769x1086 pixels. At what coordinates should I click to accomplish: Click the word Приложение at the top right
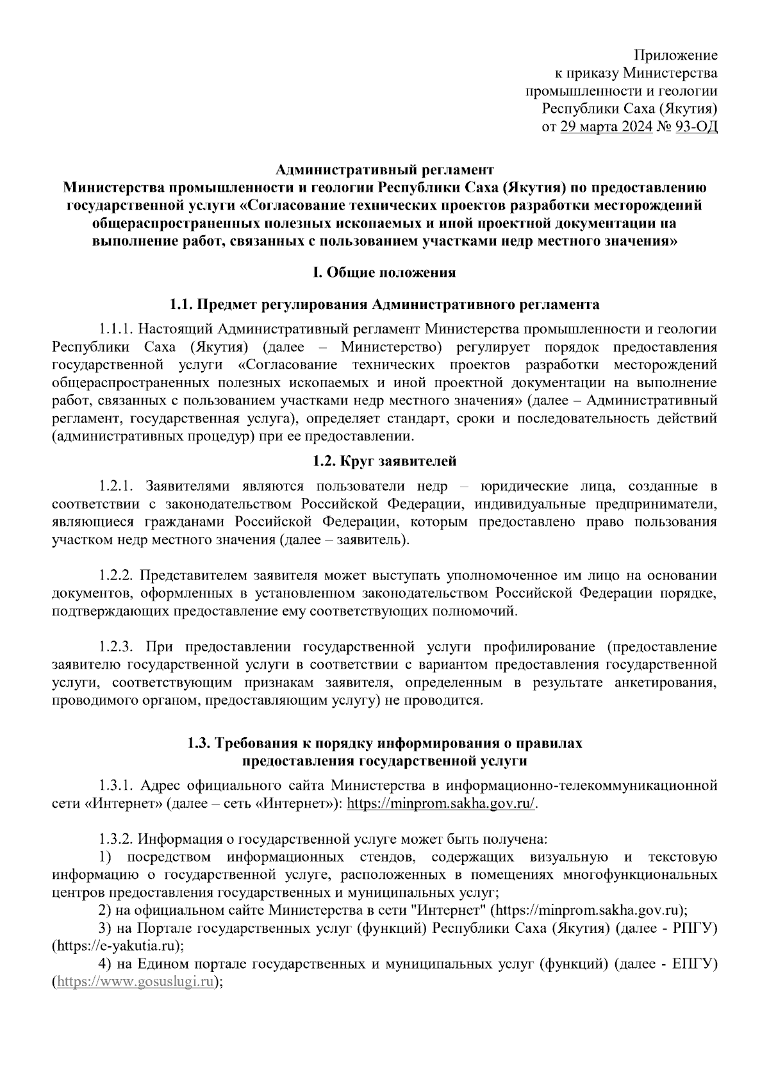click(675, 55)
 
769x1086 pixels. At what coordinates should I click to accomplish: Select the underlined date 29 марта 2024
click(606, 126)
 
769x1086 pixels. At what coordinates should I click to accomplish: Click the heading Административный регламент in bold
click(384, 170)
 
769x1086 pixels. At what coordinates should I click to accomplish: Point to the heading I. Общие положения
click(384, 272)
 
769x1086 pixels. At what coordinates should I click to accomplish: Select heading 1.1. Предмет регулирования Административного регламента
click(384, 303)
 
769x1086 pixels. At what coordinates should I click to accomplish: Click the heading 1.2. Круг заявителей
click(384, 460)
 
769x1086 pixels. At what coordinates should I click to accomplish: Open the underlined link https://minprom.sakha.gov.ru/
click(441, 804)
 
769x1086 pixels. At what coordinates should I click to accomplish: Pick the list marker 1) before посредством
click(106, 856)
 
